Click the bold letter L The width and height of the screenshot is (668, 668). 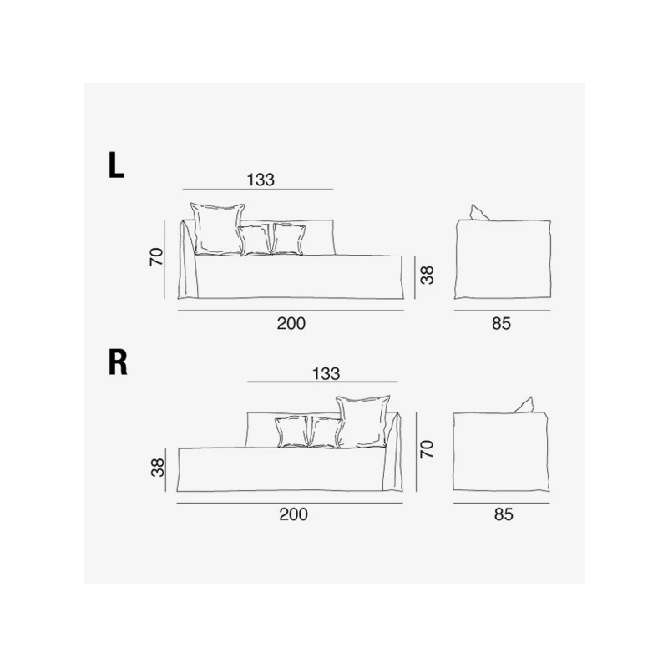point(116,165)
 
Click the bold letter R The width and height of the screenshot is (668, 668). point(118,362)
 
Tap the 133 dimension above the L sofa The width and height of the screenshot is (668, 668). point(261,180)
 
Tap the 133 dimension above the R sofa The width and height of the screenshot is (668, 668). point(326,373)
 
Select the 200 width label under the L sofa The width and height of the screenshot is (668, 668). point(291,323)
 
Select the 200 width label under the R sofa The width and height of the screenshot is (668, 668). point(293,514)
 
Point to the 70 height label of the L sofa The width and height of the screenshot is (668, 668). point(157,257)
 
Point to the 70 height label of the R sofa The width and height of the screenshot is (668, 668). point(427,449)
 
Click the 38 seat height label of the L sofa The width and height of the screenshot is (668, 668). point(427,275)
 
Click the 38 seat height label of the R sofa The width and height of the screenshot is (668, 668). point(158,468)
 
